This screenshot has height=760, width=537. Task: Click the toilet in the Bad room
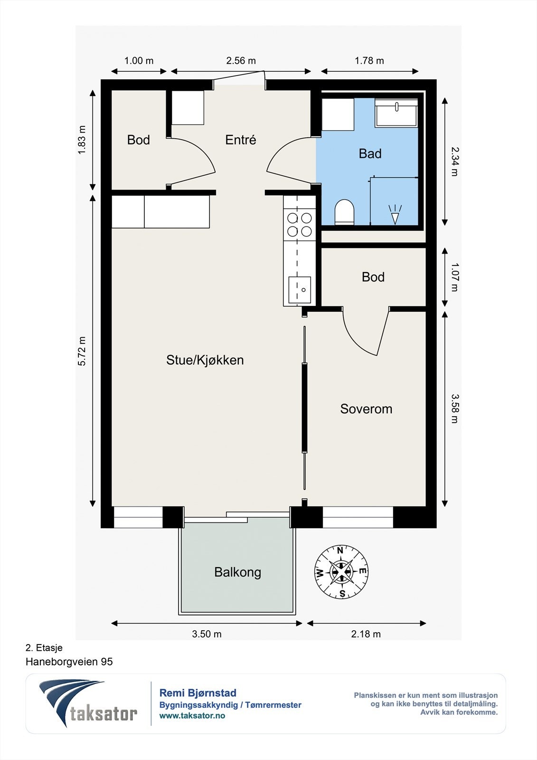pyautogui.click(x=344, y=212)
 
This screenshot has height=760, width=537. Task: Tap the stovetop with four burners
pyautogui.click(x=300, y=224)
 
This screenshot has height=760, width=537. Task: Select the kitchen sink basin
pyautogui.click(x=300, y=290)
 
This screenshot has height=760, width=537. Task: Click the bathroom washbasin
pyautogui.click(x=396, y=114)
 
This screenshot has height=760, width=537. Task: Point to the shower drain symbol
pyautogui.click(x=395, y=214)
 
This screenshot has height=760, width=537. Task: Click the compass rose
pyautogui.click(x=341, y=572)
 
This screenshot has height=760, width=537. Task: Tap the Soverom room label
pyautogui.click(x=366, y=409)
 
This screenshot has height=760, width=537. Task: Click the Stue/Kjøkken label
pyautogui.click(x=205, y=360)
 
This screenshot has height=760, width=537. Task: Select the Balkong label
pyautogui.click(x=237, y=572)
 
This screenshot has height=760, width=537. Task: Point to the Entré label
pyautogui.click(x=241, y=140)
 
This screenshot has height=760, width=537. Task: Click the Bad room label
pyautogui.click(x=370, y=154)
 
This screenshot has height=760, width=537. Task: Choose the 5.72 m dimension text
pyautogui.click(x=82, y=351)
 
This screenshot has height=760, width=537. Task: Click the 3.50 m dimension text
pyautogui.click(x=207, y=634)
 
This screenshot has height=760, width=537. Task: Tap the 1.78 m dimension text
pyautogui.click(x=369, y=61)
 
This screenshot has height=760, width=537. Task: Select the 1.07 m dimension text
pyautogui.click(x=454, y=277)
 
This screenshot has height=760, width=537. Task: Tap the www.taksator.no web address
pyautogui.click(x=192, y=716)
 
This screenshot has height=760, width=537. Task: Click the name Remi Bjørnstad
pyautogui.click(x=198, y=693)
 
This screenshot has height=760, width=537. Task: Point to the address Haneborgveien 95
pyautogui.click(x=69, y=662)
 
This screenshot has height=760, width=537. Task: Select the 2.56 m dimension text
pyautogui.click(x=241, y=61)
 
